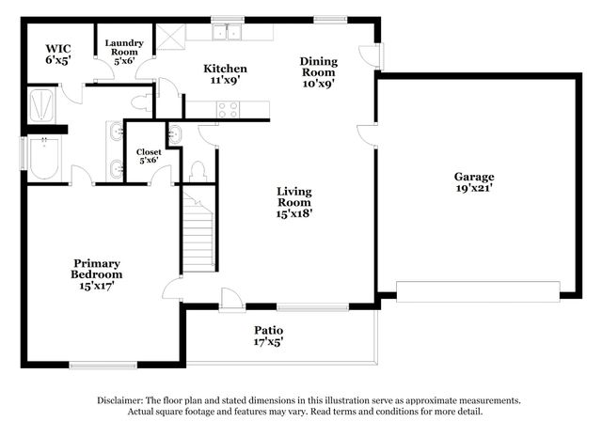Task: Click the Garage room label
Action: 474,177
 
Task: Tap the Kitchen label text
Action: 227,69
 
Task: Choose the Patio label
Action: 268,330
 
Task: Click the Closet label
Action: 149,151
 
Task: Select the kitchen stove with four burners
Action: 228,108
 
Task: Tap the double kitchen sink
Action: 227,34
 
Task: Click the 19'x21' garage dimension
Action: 474,189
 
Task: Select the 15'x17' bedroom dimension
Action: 98,286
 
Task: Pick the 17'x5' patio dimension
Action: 268,341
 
